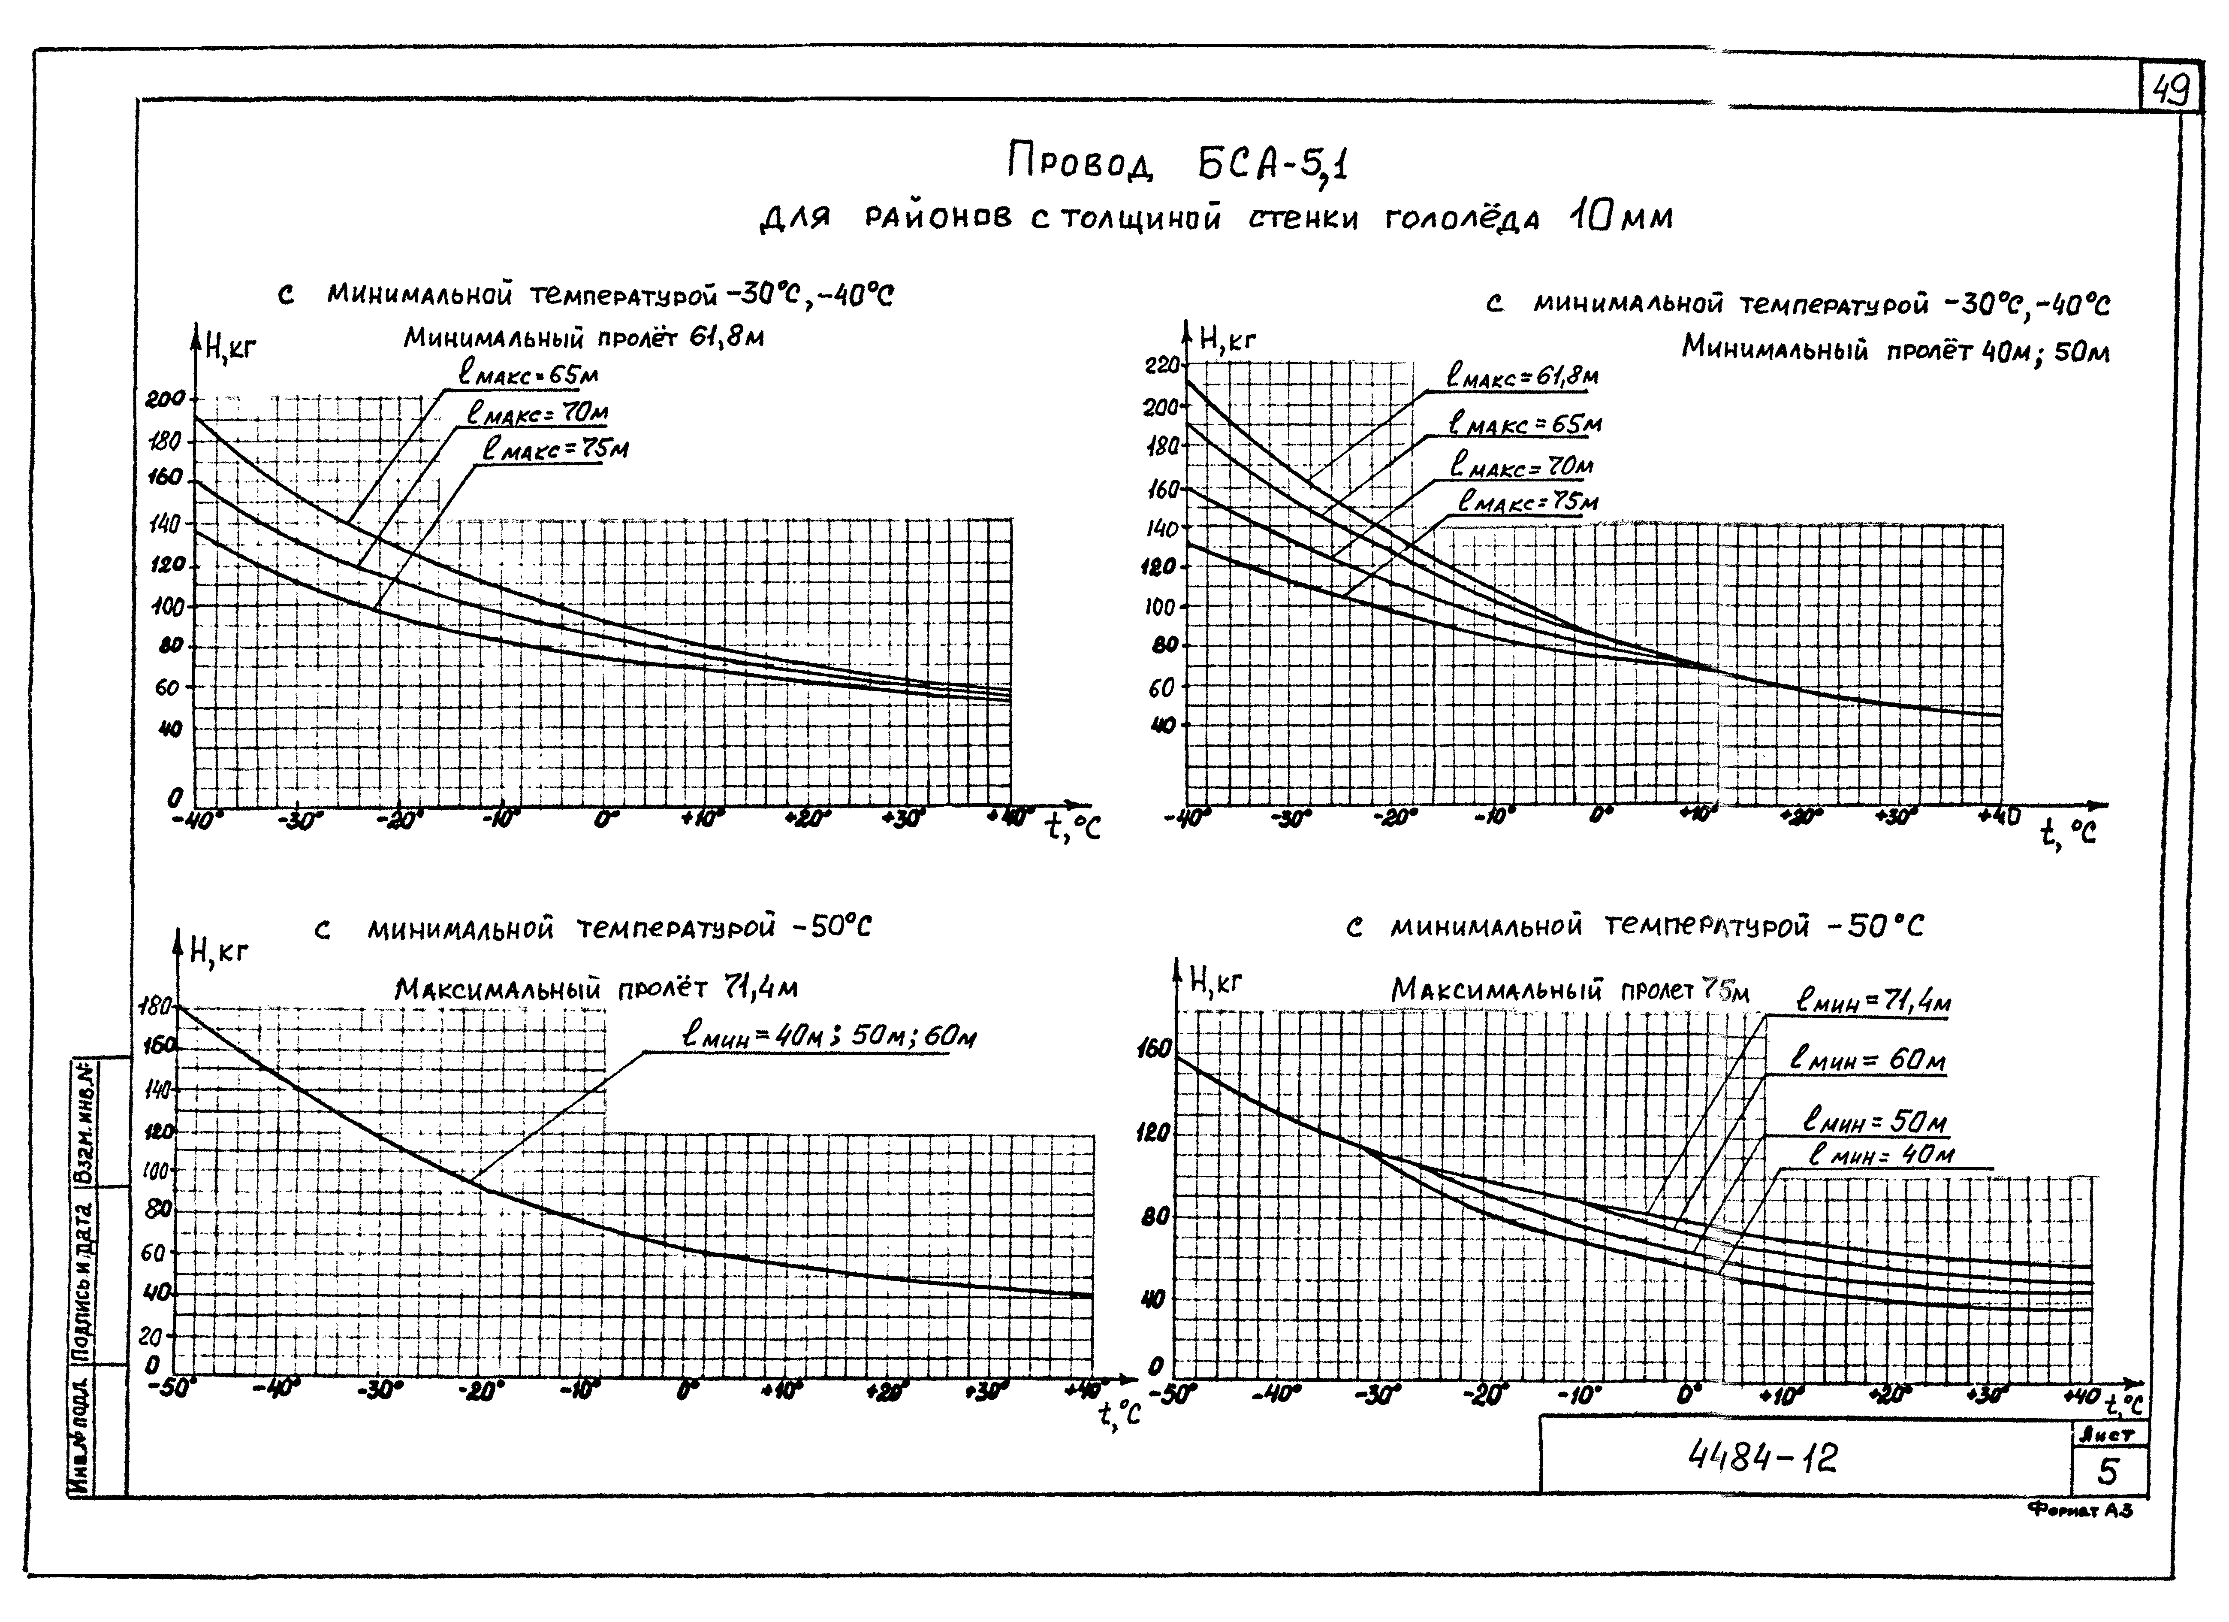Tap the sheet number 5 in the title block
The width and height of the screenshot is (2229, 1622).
[x=2109, y=1473]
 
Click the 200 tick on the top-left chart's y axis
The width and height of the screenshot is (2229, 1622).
[x=164, y=399]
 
